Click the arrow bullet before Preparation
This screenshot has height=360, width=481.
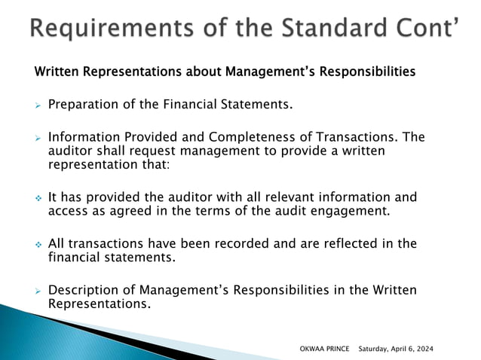[x=37, y=105]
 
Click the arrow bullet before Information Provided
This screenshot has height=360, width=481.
[x=37, y=138]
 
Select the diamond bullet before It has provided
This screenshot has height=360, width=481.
[x=37, y=198]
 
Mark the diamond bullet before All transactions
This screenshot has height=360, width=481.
[x=37, y=245]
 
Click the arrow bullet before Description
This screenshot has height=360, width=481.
[x=37, y=291]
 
